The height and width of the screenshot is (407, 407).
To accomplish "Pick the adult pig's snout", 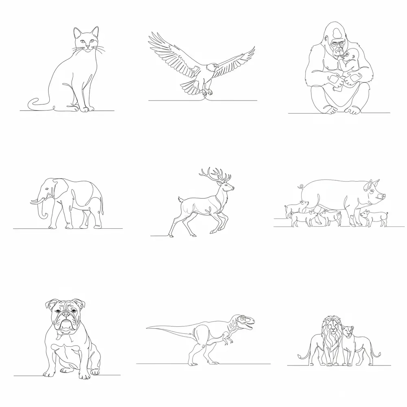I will tap(382, 197).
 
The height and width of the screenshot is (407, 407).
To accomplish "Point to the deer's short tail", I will tap(179, 199).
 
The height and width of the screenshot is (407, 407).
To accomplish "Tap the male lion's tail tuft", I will tap(300, 357).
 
